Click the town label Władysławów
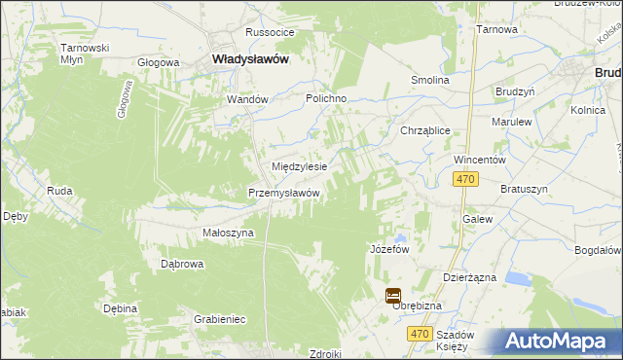(x=250, y=59)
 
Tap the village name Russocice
(x=271, y=32)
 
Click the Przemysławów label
(x=284, y=193)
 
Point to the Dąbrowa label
(x=181, y=263)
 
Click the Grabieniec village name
(x=219, y=318)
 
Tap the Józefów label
(x=388, y=249)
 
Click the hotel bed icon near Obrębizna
(x=393, y=296)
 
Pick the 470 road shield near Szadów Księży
(x=420, y=334)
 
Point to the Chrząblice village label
(x=424, y=129)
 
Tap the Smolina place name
(x=429, y=80)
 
